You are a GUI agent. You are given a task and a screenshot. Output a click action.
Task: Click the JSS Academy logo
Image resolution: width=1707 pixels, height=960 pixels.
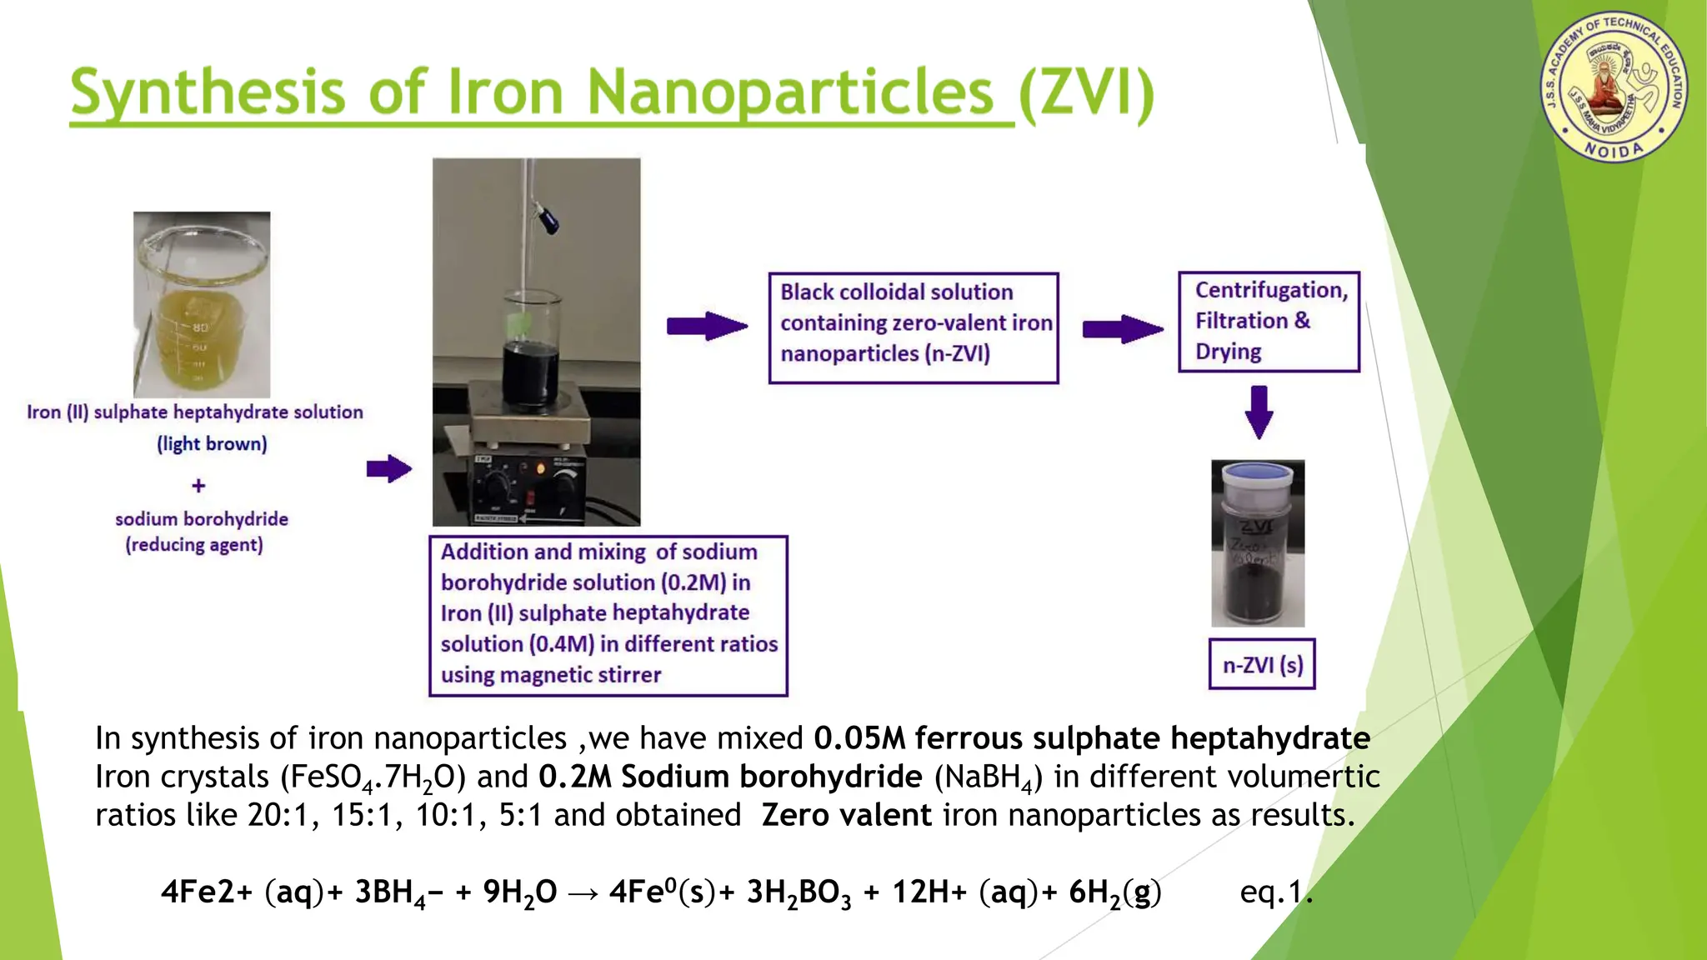(x=1614, y=87)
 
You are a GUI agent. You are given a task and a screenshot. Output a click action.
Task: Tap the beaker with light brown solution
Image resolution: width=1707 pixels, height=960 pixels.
(x=202, y=305)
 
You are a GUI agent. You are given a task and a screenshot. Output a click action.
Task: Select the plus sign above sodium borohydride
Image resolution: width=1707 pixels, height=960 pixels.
(x=198, y=485)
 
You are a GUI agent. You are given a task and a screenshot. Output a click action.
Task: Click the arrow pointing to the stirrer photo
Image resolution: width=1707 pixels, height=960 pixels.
(x=389, y=469)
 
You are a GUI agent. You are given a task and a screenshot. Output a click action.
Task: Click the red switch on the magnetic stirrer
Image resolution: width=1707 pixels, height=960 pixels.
(x=530, y=497)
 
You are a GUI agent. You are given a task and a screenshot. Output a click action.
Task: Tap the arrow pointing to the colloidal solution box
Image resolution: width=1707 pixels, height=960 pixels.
(x=707, y=326)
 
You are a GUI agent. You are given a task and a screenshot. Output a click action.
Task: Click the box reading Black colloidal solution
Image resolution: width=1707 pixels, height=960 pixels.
(x=914, y=327)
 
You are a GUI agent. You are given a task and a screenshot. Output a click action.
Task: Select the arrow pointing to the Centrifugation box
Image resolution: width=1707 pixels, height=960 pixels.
(x=1122, y=329)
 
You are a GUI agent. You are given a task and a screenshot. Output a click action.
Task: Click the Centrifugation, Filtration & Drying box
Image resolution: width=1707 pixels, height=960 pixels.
(x=1269, y=322)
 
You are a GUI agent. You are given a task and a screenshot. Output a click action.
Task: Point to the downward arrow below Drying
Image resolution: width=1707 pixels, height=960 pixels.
(x=1259, y=412)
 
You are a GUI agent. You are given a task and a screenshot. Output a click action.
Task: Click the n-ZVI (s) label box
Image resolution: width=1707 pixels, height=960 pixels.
(x=1262, y=664)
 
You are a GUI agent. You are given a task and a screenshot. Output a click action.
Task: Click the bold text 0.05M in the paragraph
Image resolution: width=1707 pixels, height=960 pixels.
(x=859, y=738)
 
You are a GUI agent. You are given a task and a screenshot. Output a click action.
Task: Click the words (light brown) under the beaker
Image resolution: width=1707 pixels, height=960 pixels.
(x=212, y=444)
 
